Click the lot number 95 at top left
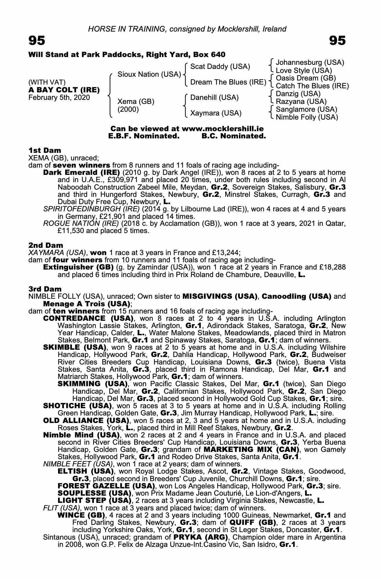click(x=37, y=41)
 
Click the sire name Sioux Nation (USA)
click(x=149, y=74)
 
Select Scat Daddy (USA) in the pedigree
click(x=220, y=67)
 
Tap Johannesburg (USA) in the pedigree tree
click(x=310, y=63)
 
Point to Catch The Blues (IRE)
click(x=312, y=86)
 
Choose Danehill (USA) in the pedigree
click(x=214, y=98)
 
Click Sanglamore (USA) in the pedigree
click(x=306, y=109)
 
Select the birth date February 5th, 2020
click(x=59, y=98)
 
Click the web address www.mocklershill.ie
click(x=222, y=129)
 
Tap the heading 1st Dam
click(x=45, y=150)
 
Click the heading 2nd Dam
click(x=46, y=245)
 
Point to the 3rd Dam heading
click(x=45, y=289)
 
